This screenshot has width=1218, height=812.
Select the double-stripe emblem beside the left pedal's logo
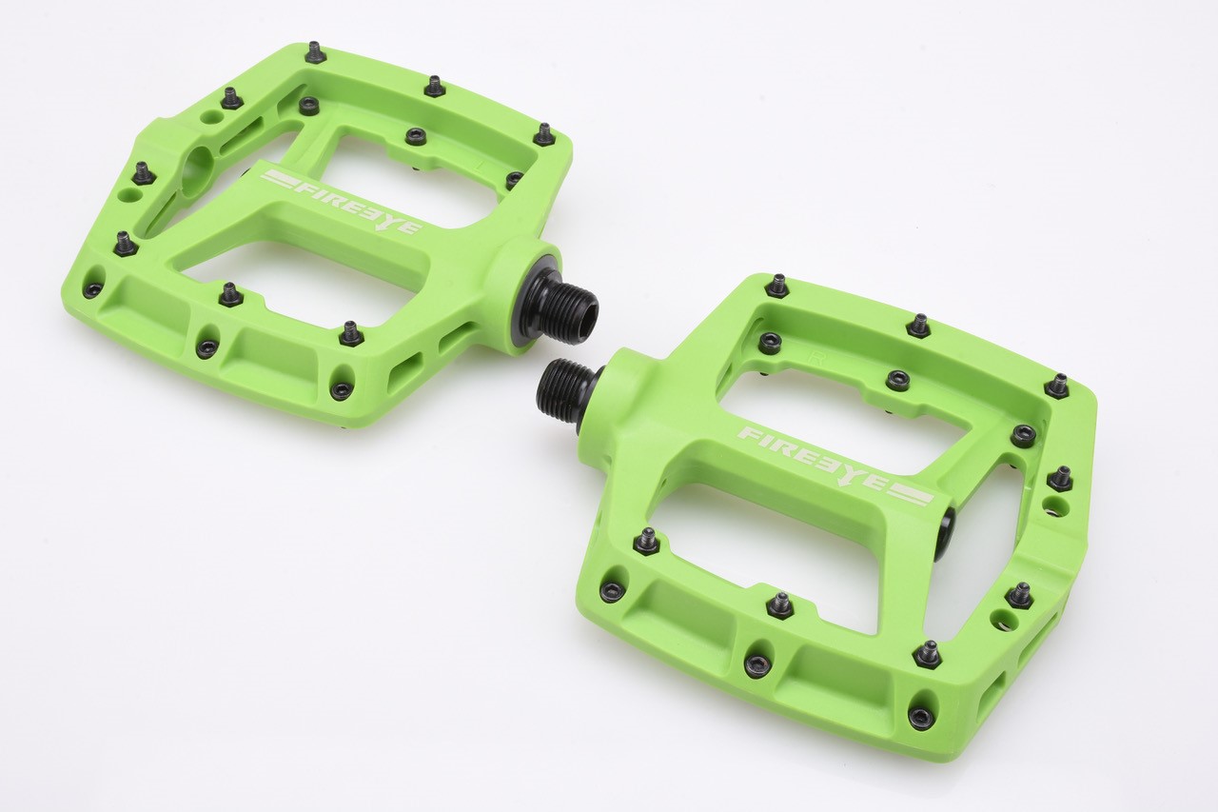280,180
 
